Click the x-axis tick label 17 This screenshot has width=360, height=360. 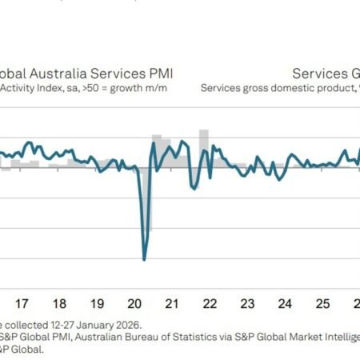tap(22, 304)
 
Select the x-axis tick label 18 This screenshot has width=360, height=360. tap(59, 304)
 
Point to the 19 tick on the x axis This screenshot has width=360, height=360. tap(97, 304)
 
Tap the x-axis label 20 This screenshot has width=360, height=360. tap(134, 304)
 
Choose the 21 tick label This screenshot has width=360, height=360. tap(171, 304)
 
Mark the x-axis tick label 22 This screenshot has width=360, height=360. tap(210, 304)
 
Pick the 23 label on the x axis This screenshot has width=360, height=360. tap(247, 304)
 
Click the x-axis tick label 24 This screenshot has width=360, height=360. tap(285, 304)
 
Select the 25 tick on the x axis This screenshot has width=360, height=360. tap(322, 304)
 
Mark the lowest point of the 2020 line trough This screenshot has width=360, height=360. tap(144, 259)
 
